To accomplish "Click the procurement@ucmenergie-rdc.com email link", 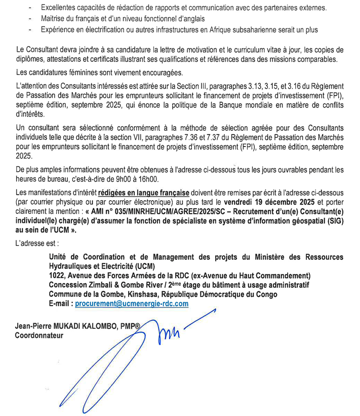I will (x=132, y=304).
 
